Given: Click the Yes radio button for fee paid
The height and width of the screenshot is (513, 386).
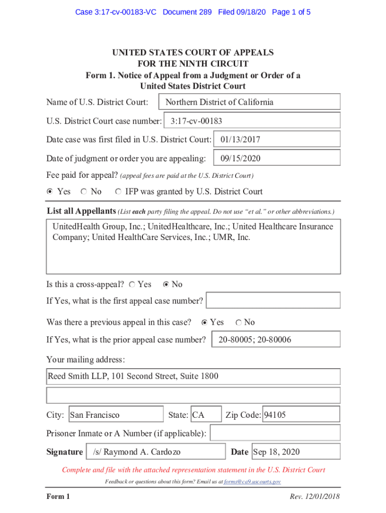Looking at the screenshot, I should pyautogui.click(x=50, y=191).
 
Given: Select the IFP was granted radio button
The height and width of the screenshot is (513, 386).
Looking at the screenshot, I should pyautogui.click(x=118, y=191).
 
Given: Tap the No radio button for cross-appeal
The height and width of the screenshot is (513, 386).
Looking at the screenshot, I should pyautogui.click(x=166, y=285).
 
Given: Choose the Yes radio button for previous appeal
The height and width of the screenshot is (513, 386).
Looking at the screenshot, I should pyautogui.click(x=204, y=322).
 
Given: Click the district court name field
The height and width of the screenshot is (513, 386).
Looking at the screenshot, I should pyautogui.click(x=249, y=102).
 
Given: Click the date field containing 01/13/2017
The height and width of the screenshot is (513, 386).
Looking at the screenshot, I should pyautogui.click(x=277, y=140).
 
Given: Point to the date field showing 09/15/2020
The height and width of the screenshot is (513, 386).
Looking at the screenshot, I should pyautogui.click(x=277, y=158).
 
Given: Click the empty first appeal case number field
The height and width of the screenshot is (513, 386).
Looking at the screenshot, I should pyautogui.click(x=273, y=301).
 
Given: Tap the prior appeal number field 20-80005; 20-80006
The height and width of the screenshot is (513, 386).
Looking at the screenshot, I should pyautogui.click(x=276, y=340).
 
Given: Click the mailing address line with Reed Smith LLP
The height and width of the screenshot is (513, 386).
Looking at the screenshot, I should pyautogui.click(x=193, y=376).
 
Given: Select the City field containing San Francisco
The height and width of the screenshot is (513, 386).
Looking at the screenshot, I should pyautogui.click(x=116, y=415).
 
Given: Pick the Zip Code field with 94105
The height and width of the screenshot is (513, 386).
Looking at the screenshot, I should pyautogui.click(x=301, y=415).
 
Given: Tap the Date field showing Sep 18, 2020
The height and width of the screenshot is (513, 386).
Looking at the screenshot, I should pyautogui.click(x=295, y=452).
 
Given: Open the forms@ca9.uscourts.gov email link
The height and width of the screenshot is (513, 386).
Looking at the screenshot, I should pyautogui.click(x=252, y=482).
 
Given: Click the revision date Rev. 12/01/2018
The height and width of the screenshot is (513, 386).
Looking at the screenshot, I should pyautogui.click(x=314, y=496).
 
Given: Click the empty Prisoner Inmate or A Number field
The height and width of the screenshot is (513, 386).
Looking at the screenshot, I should pyautogui.click(x=275, y=433).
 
